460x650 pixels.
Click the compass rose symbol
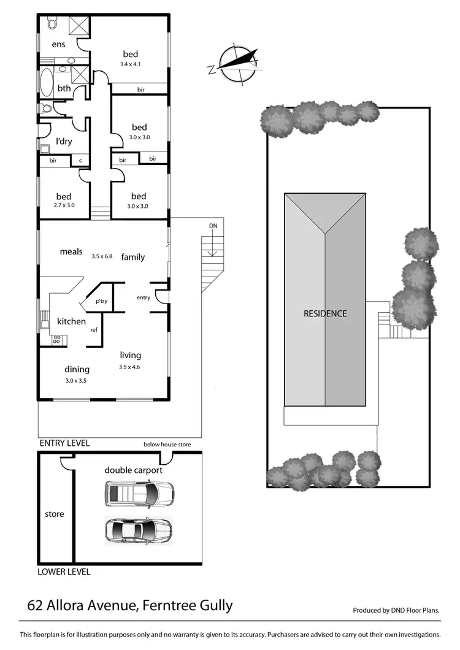pyautogui.click(x=236, y=63)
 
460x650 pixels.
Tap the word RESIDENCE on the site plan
pyautogui.click(x=325, y=313)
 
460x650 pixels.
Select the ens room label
pyautogui.click(x=58, y=44)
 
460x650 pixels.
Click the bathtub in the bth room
pyautogui.click(x=47, y=79)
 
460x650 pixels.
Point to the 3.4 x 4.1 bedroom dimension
pyautogui.click(x=130, y=64)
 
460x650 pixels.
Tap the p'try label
pyautogui.click(x=101, y=301)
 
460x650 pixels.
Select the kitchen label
pyautogui.click(x=71, y=321)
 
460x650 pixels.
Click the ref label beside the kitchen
pyautogui.click(x=94, y=329)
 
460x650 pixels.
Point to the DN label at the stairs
pyautogui.click(x=213, y=226)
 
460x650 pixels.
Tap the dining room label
pyautogui.click(x=77, y=369)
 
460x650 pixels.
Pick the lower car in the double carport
pyautogui.click(x=139, y=530)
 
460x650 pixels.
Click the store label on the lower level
pyautogui.click(x=55, y=514)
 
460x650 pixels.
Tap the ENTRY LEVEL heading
pyautogui.click(x=64, y=443)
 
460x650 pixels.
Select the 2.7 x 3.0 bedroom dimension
pyautogui.click(x=64, y=205)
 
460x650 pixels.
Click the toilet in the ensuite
pyautogui.click(x=52, y=23)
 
